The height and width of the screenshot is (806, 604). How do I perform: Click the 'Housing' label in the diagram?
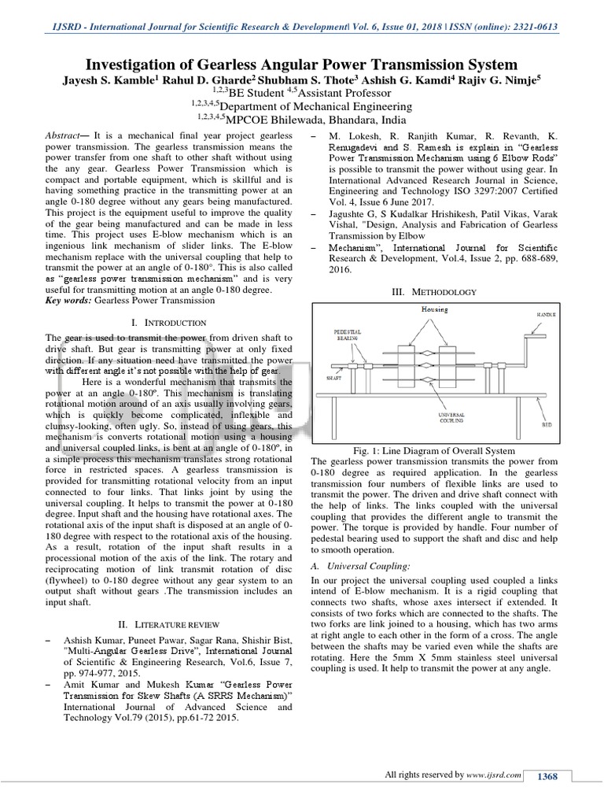(x=434, y=309)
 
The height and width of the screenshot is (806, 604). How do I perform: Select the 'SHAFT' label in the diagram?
(x=333, y=378)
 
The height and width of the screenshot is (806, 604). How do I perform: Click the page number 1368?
(x=547, y=776)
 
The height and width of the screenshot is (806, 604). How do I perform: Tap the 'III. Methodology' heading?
(x=434, y=292)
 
